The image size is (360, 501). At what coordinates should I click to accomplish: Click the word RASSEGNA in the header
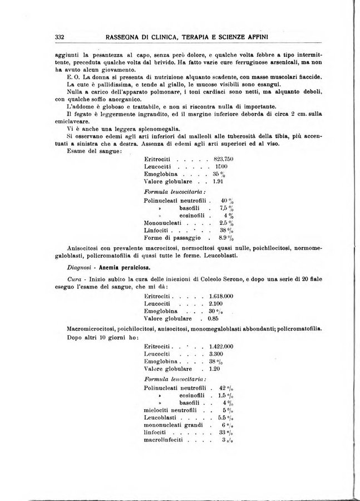(x=126, y=37)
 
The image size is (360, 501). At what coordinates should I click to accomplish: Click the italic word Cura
(x=73, y=279)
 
